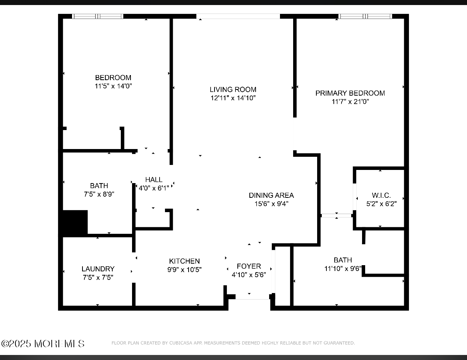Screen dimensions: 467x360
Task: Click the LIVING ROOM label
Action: click(233, 89)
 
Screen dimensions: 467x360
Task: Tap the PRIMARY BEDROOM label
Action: click(350, 93)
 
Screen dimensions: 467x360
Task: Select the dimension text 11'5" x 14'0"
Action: click(113, 86)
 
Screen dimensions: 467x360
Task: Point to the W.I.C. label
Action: click(381, 195)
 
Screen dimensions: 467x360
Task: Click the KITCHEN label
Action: click(184, 261)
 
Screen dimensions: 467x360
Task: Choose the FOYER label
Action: click(249, 266)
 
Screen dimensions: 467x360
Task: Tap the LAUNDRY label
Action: click(98, 269)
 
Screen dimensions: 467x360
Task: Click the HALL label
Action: click(154, 179)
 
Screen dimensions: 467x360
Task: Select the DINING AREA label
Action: click(271, 195)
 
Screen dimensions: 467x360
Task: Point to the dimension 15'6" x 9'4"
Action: click(271, 204)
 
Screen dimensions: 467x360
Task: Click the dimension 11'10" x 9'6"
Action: click(343, 269)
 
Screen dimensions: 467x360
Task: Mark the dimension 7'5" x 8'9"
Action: click(99, 194)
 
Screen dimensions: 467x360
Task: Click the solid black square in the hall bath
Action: click(75, 223)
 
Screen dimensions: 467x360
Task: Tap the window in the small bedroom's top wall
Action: click(98, 16)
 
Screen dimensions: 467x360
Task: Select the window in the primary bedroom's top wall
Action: click(365, 16)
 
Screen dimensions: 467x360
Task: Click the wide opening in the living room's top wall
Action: click(238, 16)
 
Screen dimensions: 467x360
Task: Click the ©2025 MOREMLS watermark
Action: click(43, 344)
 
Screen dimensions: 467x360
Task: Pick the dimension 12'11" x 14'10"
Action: click(233, 98)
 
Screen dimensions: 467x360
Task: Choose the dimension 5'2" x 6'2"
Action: click(381, 204)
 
